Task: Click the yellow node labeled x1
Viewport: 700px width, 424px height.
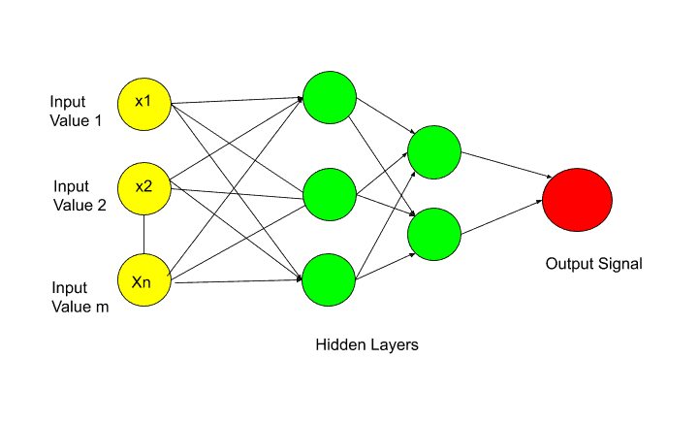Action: pos(144,104)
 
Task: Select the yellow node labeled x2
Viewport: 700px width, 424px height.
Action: pos(144,189)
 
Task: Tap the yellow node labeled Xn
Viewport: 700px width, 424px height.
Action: pos(144,280)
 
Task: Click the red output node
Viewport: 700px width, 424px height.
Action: pos(577,200)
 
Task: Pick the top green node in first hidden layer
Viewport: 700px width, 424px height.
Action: pos(330,97)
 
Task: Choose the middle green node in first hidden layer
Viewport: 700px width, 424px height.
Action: pos(330,194)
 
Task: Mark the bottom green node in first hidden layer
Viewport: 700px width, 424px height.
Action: pos(329,280)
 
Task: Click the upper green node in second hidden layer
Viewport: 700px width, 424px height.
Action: pos(434,152)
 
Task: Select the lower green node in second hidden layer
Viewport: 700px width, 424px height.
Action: pos(434,234)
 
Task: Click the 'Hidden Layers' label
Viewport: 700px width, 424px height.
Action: pos(366,344)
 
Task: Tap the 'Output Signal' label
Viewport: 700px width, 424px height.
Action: pos(593,264)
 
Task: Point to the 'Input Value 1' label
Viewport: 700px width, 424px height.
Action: pos(76,112)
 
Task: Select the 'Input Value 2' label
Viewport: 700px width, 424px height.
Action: pos(80,196)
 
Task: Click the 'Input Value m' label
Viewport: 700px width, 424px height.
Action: pos(80,297)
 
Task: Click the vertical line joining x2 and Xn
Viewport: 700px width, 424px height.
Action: pos(143,235)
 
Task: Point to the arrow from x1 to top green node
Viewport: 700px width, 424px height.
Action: pos(238,101)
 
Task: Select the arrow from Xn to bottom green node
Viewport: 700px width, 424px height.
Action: pos(239,281)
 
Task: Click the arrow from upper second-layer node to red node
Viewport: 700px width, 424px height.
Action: pos(507,165)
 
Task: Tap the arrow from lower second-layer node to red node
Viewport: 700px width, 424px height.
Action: pos(502,217)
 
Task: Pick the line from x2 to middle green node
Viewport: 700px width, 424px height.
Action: pos(238,194)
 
